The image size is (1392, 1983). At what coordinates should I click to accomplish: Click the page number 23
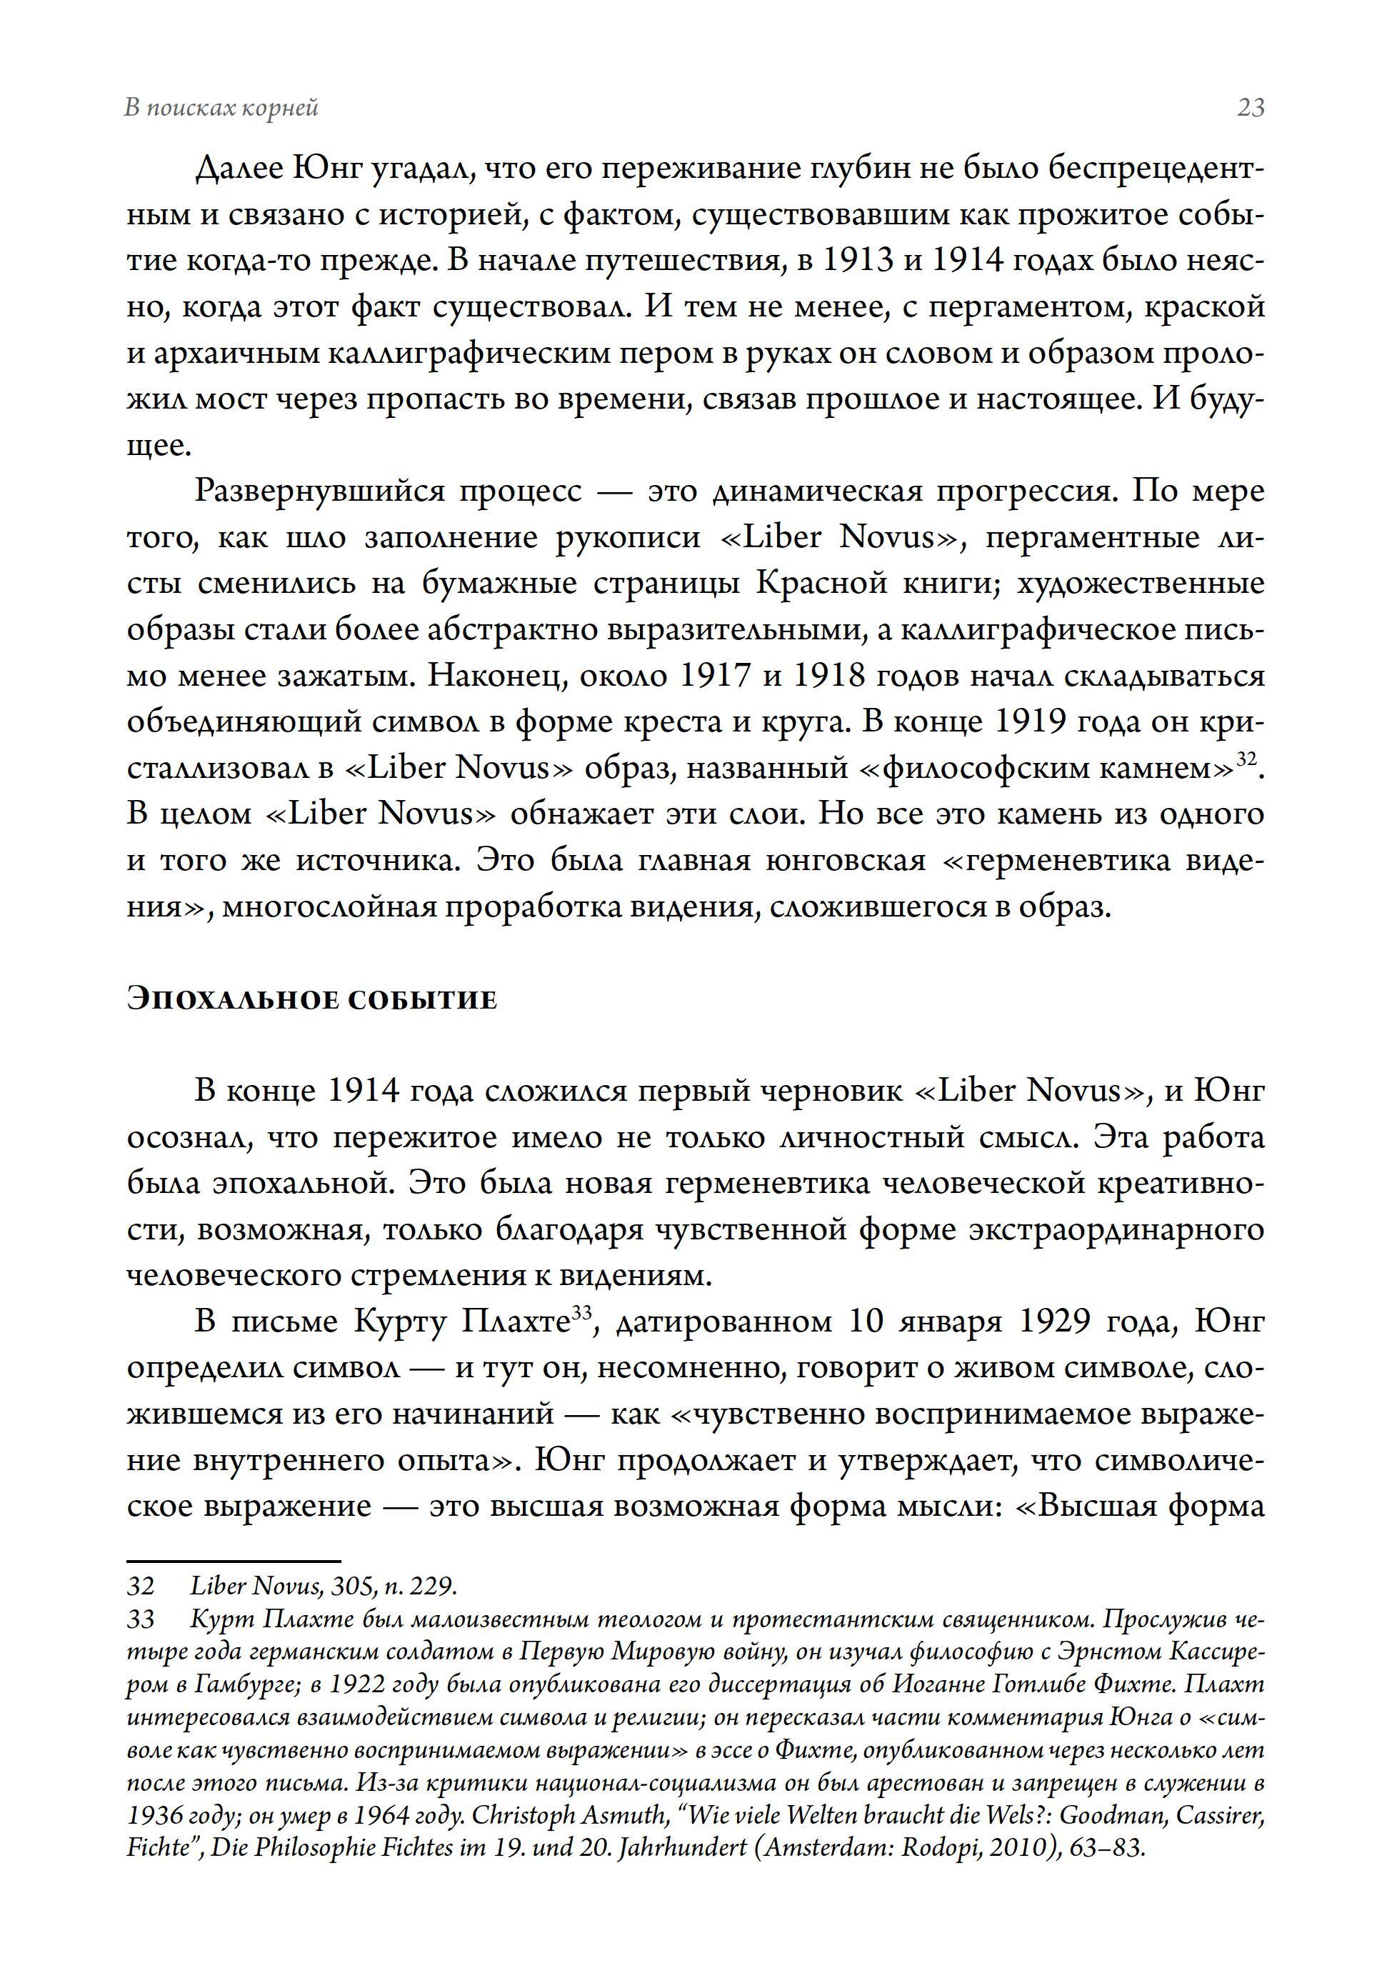(x=1251, y=108)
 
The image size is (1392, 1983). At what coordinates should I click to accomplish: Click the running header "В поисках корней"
(x=222, y=108)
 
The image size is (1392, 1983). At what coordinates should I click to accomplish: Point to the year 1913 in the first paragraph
(x=856, y=260)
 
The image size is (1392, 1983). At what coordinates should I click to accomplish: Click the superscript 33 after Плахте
(x=582, y=1313)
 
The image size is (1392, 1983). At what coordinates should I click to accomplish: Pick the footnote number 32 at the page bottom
(x=140, y=1586)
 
